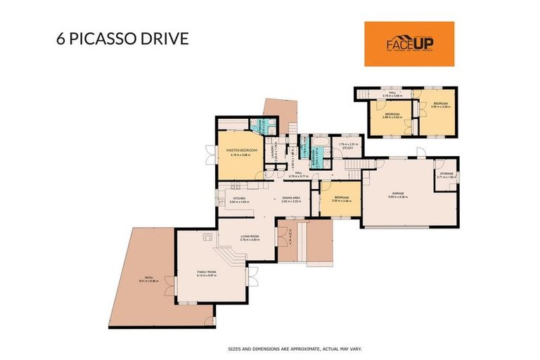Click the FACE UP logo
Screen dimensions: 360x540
point(409,44)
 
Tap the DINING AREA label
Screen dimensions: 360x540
point(291,198)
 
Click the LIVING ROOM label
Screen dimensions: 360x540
point(250,236)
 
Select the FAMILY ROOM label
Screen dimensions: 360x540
point(206,271)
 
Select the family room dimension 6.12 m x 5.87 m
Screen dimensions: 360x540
point(206,275)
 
